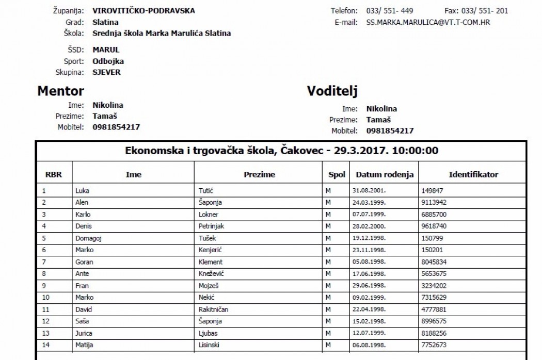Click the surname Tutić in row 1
(x=205, y=190)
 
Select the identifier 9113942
(x=434, y=202)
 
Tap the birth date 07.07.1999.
(x=369, y=214)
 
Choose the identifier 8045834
(x=434, y=261)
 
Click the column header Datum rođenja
(x=385, y=174)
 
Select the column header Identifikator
(x=473, y=174)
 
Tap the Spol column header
(x=337, y=174)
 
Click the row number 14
(x=45, y=345)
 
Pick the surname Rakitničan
(x=213, y=309)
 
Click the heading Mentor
(x=60, y=91)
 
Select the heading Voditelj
(x=332, y=91)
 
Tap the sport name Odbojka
(x=108, y=61)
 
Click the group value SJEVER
(x=107, y=72)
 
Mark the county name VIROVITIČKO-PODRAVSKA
(x=137, y=11)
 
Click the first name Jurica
(x=84, y=333)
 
